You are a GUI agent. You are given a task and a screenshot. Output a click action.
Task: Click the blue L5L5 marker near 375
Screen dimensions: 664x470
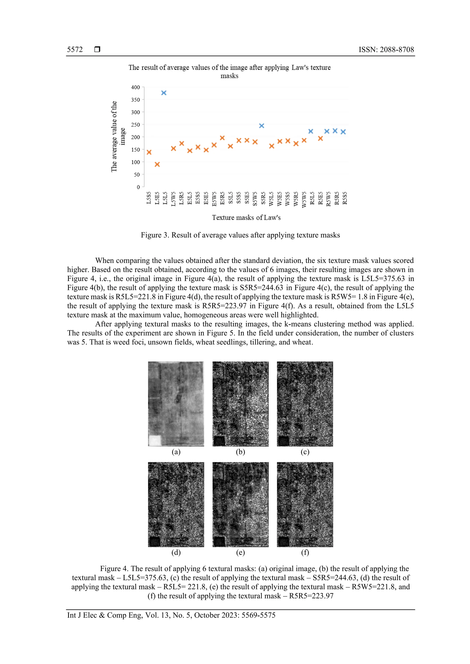[164, 93]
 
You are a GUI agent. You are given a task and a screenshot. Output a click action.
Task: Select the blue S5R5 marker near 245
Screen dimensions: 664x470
[261, 126]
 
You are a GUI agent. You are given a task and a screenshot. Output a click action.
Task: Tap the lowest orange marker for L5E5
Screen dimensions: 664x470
[157, 165]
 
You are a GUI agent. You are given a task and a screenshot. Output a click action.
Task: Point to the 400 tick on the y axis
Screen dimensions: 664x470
[135, 87]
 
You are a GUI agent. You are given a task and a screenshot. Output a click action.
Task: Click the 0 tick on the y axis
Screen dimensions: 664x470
[138, 187]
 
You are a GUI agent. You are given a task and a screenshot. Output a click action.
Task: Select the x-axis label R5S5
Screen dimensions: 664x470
[345, 198]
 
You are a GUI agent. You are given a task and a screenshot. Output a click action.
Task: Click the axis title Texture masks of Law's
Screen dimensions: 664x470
[246, 218]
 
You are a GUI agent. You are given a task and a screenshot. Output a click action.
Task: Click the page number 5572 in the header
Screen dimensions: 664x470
[75, 50]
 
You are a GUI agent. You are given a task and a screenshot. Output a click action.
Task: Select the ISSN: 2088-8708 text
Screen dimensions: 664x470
[386, 50]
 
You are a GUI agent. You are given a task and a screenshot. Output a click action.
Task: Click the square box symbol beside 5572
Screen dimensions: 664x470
[97, 50]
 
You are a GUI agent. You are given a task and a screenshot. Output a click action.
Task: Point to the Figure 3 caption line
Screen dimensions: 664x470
[240, 235]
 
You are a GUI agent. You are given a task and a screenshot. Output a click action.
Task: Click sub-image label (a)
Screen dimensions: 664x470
[176, 452]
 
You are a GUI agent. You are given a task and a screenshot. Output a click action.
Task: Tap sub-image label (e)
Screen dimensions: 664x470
[240, 553]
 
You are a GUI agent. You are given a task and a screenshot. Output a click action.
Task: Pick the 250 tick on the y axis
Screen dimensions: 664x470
[135, 125]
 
